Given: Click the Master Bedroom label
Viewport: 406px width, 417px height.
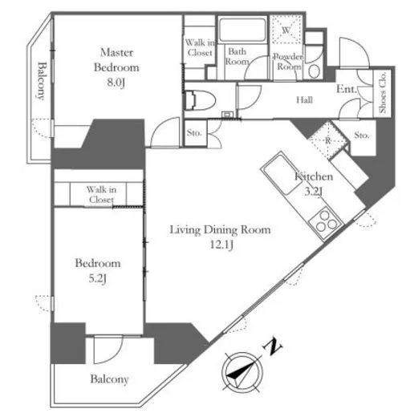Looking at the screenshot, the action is click(x=116, y=60).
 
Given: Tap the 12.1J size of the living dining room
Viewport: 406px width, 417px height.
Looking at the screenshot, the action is click(x=221, y=245).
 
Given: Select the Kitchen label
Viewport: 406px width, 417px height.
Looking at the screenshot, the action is click(x=314, y=176).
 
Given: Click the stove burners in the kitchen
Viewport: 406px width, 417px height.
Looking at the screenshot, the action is click(x=326, y=223).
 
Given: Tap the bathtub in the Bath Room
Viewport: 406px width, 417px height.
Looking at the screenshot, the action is click(x=242, y=29).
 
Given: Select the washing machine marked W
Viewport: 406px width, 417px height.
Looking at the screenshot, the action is click(x=286, y=29).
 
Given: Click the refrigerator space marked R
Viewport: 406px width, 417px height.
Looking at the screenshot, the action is click(x=328, y=140).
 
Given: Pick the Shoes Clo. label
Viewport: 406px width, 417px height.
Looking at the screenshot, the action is click(x=383, y=92).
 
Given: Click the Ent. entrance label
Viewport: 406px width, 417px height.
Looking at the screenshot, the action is click(x=347, y=89).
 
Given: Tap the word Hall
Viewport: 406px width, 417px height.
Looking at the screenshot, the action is click(x=304, y=100).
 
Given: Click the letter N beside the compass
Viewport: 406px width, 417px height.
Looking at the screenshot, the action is click(x=273, y=346).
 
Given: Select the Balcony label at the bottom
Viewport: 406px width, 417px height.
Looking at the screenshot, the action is click(x=109, y=379).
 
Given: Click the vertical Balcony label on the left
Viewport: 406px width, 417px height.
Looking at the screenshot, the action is click(x=41, y=81).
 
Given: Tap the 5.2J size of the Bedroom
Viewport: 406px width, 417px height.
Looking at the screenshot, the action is click(x=97, y=278).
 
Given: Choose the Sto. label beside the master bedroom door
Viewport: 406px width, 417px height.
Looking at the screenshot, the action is click(x=194, y=132).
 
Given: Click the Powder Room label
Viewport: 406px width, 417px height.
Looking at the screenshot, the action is click(x=288, y=62).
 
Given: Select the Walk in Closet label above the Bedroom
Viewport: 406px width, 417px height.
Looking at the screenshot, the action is click(x=101, y=195).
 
